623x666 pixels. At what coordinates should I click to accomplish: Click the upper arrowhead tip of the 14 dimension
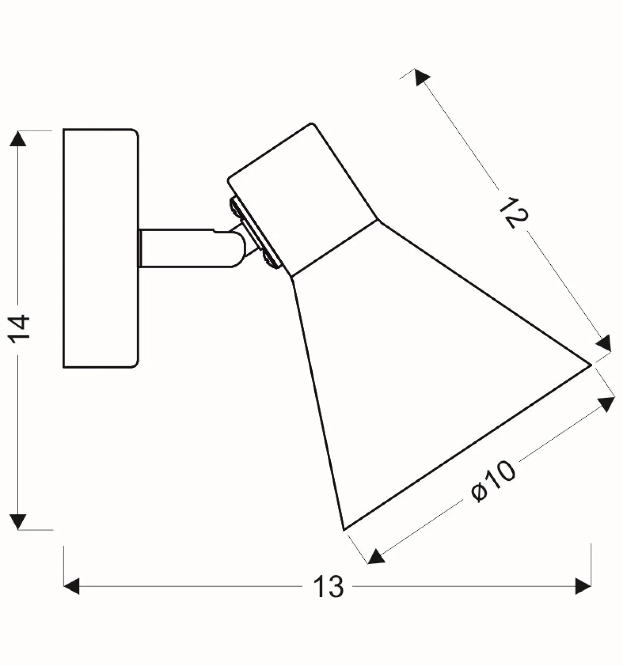point(18,131)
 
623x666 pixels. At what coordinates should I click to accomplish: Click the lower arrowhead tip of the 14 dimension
point(18,529)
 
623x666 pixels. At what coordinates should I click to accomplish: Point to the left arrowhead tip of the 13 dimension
point(64,586)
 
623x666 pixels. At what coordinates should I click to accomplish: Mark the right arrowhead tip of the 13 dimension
point(591,586)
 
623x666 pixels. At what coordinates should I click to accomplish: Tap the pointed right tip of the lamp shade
point(591,365)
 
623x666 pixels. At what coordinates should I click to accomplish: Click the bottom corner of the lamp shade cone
point(343,530)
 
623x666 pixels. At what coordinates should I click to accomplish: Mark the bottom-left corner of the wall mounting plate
point(64,367)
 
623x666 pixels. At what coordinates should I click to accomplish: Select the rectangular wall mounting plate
point(101,248)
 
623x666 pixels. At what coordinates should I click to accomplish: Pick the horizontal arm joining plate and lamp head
point(190,248)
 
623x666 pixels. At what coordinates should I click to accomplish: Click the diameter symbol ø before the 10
point(479,492)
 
